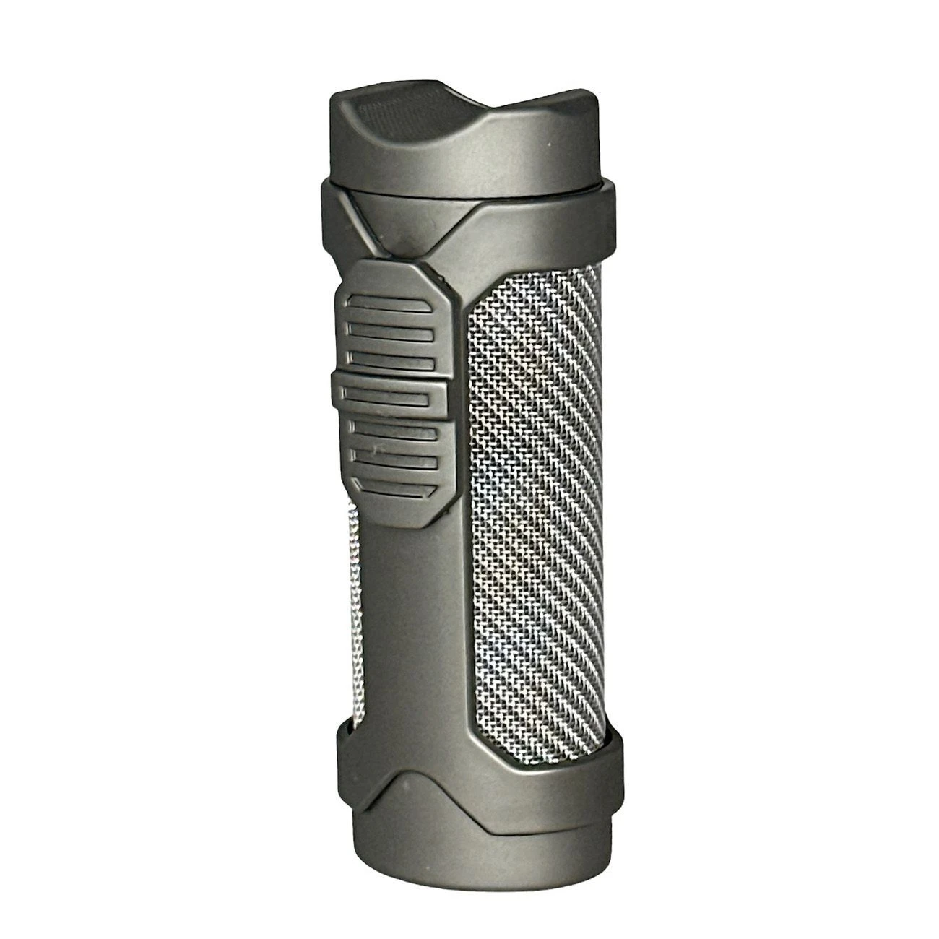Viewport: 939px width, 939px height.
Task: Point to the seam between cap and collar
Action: pyautogui.click(x=469, y=189)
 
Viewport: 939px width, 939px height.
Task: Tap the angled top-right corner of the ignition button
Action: pyautogui.click(x=441, y=278)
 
